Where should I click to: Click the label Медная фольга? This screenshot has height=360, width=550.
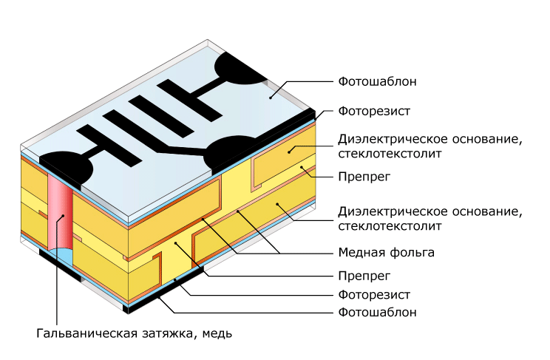[x=386, y=252]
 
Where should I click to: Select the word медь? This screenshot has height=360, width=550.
[x=217, y=333]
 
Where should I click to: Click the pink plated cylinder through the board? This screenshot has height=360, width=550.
[x=61, y=214]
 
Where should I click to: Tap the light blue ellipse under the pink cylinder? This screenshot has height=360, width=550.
[x=61, y=255]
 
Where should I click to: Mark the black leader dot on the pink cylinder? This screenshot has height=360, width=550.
[x=63, y=215]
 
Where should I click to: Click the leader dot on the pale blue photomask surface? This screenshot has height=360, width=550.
[x=270, y=98]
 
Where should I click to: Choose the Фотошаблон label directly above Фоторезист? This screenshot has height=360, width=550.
[x=377, y=81]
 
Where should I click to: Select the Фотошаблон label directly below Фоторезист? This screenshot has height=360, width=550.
[x=377, y=312]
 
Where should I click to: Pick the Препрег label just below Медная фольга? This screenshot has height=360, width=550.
[x=364, y=276]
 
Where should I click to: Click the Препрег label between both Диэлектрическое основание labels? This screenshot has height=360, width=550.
[x=364, y=177]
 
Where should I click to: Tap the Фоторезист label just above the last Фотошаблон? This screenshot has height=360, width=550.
[x=374, y=295]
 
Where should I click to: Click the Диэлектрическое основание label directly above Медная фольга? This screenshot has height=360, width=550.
[x=430, y=218]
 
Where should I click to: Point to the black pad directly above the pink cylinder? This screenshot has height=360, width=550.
[x=67, y=168]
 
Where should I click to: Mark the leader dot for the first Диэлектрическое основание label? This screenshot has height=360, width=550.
[x=289, y=152]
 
